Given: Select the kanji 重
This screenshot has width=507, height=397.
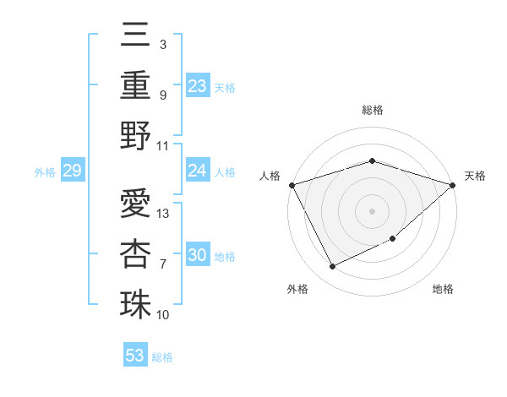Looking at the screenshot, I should point(136,84).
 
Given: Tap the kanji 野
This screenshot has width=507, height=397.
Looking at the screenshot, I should point(136,135).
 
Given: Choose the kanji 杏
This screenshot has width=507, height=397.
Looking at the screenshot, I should point(136,253).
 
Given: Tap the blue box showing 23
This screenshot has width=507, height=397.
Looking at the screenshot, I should point(198,85).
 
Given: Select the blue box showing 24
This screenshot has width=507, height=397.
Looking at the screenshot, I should point(198,171).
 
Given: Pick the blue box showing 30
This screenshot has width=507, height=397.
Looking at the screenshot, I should point(198,256).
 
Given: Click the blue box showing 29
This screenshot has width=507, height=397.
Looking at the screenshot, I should point(72,171).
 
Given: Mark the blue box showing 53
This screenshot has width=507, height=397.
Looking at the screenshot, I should point(135,356).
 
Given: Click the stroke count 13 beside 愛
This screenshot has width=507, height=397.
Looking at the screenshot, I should point(164,214).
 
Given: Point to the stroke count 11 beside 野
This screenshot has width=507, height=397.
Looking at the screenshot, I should point(164,145).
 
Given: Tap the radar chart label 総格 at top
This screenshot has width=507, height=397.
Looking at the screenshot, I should point(373,110).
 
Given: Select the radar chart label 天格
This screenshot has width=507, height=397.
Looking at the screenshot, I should point(475,176).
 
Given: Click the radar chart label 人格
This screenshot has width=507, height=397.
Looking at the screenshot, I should point(270,176).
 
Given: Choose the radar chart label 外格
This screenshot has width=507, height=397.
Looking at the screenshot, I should point(297,290).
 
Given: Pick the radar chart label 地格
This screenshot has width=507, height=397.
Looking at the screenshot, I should point(443,290).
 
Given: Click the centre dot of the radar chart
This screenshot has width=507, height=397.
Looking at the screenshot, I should point(372,210).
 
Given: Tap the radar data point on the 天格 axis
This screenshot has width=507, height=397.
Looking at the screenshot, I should point(452,185).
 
